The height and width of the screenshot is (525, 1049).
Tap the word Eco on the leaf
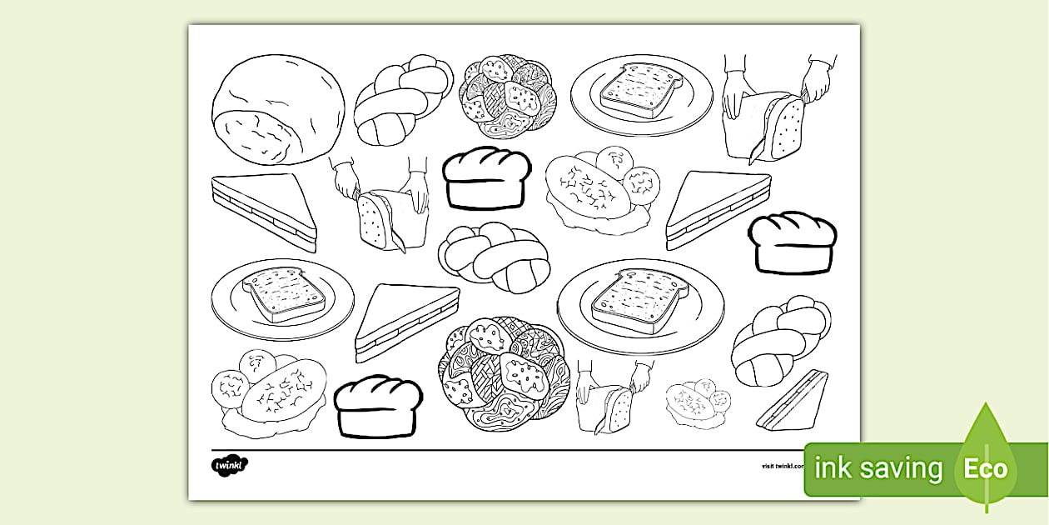coord(986,467)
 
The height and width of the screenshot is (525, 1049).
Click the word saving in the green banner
coord(901,468)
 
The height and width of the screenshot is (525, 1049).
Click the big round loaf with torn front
coord(277,109)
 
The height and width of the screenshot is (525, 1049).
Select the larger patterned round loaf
coord(500,371)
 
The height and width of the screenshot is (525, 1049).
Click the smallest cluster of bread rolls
coord(697,403)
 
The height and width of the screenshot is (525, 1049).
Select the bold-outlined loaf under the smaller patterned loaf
coord(486,177)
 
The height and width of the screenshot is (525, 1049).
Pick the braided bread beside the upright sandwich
coord(779,339)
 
